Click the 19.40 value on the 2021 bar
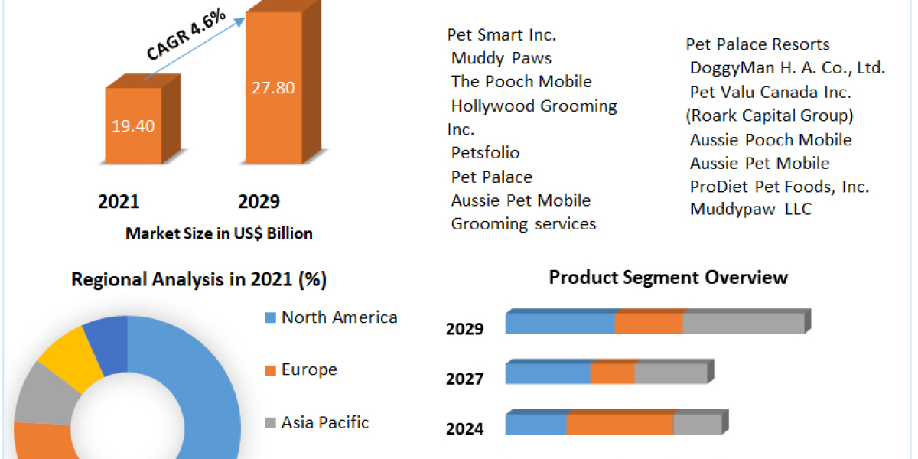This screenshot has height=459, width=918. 133,126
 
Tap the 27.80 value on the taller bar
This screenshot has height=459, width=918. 273,87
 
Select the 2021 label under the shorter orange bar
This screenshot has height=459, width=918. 119,202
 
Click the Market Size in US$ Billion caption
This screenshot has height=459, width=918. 219,234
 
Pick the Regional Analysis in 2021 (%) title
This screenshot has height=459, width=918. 199,280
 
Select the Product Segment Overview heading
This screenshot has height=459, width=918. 668,277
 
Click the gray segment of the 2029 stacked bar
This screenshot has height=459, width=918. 743,324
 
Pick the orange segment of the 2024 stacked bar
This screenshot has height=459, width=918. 620,425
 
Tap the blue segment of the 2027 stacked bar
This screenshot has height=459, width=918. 548,374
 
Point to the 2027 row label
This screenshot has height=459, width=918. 464,379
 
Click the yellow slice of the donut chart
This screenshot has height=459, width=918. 70,353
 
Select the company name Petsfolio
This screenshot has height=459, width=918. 485,153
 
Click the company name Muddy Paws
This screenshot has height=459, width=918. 501,58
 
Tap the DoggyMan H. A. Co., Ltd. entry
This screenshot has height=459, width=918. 787,68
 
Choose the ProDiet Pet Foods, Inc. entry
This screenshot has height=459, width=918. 779,187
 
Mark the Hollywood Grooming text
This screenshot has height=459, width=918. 534,106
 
